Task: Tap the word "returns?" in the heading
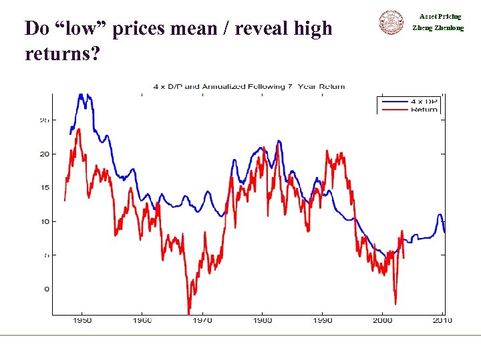62,53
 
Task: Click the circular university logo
392,22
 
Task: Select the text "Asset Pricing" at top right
440,16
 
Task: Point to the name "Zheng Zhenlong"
438,28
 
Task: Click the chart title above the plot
249,86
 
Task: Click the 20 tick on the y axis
44,154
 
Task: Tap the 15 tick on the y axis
44,188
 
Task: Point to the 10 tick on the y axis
44,221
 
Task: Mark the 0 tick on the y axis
46,289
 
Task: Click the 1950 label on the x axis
82,321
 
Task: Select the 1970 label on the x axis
202,321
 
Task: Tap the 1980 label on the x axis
263,321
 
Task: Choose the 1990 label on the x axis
323,321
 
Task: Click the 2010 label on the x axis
442,321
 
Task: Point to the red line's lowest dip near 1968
188,312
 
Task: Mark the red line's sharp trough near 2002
395,304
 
